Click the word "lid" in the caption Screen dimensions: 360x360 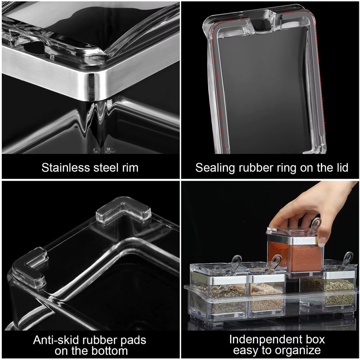coord(340,168)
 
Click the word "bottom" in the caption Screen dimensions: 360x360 coord(109,351)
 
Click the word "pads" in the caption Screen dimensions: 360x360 coord(133,340)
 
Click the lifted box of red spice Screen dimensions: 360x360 coord(295,253)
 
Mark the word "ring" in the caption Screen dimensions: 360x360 coord(287,168)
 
